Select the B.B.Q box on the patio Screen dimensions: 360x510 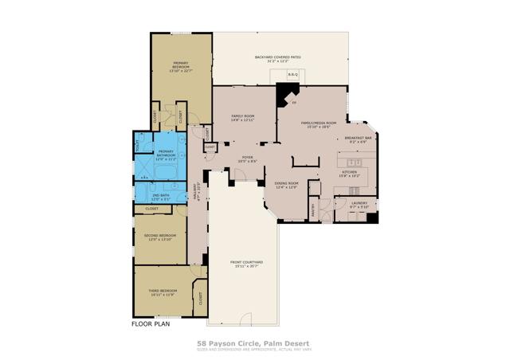pyautogui.click(x=292, y=74)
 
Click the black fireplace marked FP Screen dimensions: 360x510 pyautogui.click(x=284, y=95)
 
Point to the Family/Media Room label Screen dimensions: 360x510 pyautogui.click(x=319, y=124)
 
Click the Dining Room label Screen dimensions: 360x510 pyautogui.click(x=285, y=186)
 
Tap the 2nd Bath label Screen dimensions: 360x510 pyautogui.click(x=160, y=196)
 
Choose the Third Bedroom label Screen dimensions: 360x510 pyautogui.click(x=163, y=292)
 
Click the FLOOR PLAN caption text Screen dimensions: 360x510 pyautogui.click(x=150, y=323)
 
